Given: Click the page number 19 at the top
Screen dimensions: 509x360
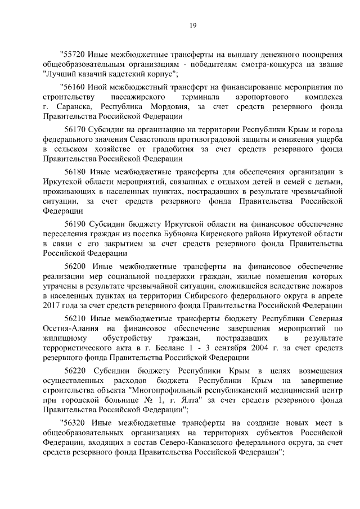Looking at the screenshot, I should tap(192, 25).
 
